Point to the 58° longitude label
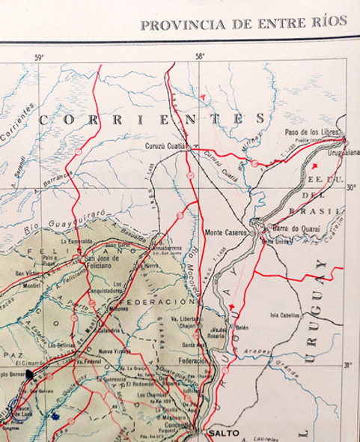click(x=200, y=57)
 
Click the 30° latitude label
click(x=350, y=187)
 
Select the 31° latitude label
click(x=347, y=365)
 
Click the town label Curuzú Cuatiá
click(x=164, y=148)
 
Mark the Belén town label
click(x=241, y=327)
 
